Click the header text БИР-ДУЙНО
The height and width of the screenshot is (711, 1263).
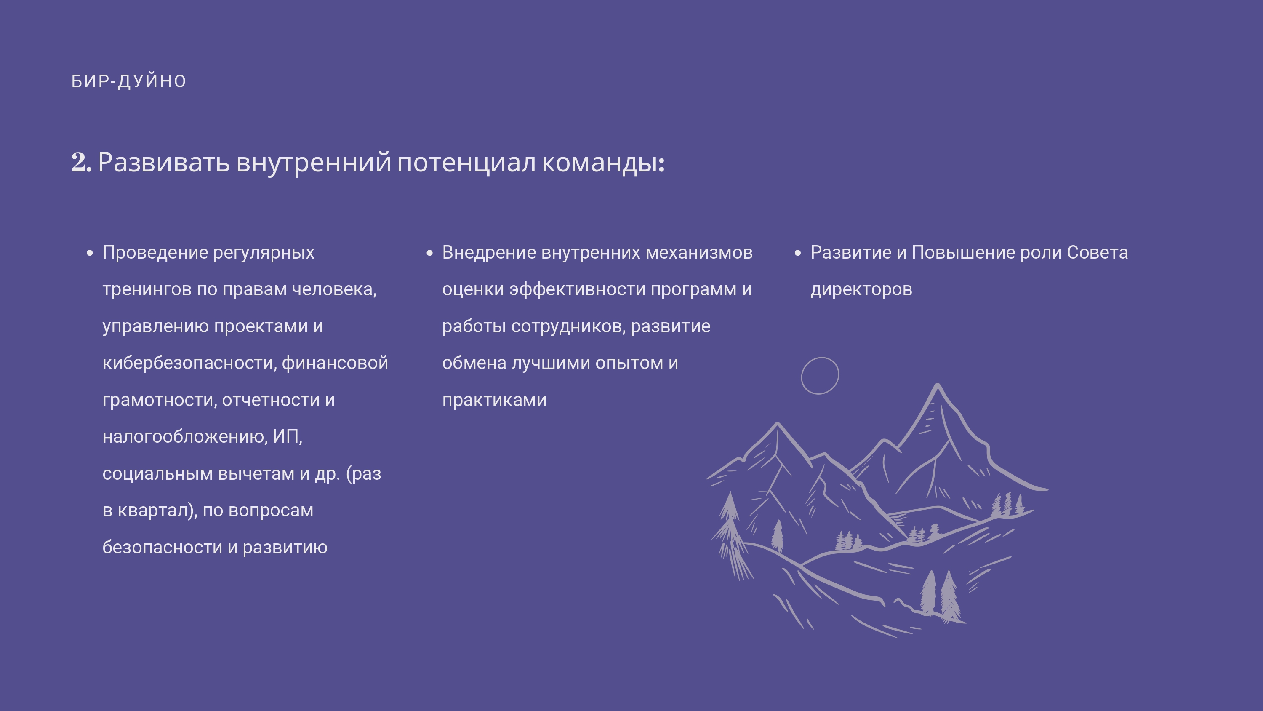[x=128, y=81]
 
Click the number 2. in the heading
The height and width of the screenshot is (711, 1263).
[x=81, y=163]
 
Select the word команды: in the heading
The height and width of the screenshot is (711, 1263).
[x=603, y=163]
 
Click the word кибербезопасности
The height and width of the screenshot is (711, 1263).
[x=190, y=363]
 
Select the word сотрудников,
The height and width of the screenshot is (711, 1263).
[x=568, y=326]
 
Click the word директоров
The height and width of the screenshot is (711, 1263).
[x=861, y=289]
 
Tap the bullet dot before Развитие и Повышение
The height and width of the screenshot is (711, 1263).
[x=798, y=253]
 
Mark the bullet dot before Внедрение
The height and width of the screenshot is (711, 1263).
[x=429, y=253]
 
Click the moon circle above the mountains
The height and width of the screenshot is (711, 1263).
[x=802, y=375]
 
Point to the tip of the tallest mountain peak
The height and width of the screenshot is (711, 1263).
[x=938, y=384]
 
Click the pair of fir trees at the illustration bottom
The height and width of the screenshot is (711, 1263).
[x=939, y=595]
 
